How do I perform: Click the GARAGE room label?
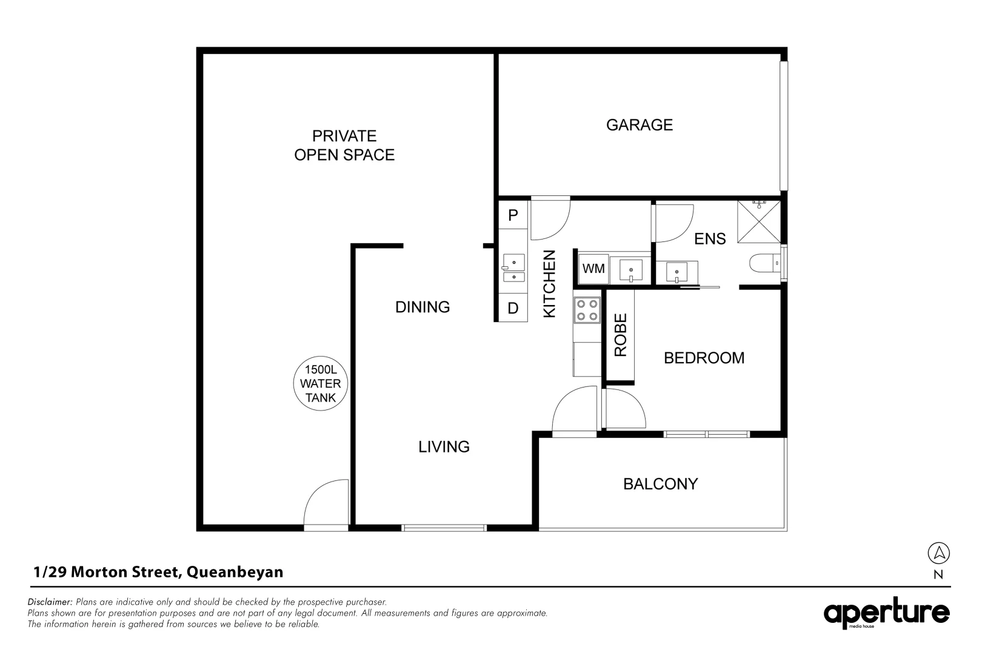click(639, 125)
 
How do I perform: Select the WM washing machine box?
click(593, 268)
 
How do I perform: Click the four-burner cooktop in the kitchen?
click(587, 310)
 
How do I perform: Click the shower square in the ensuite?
click(759, 221)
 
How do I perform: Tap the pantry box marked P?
click(513, 215)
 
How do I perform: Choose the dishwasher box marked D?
click(513, 308)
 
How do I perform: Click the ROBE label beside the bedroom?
click(620, 335)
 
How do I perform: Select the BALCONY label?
click(660, 484)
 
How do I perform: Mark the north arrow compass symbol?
click(938, 553)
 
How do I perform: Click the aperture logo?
click(886, 613)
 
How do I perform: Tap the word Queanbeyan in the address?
click(235, 573)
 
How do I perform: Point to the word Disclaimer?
click(50, 602)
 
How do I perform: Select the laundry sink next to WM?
click(631, 270)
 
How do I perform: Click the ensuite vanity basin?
click(677, 272)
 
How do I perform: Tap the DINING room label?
click(423, 307)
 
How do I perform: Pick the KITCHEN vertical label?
click(549, 283)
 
